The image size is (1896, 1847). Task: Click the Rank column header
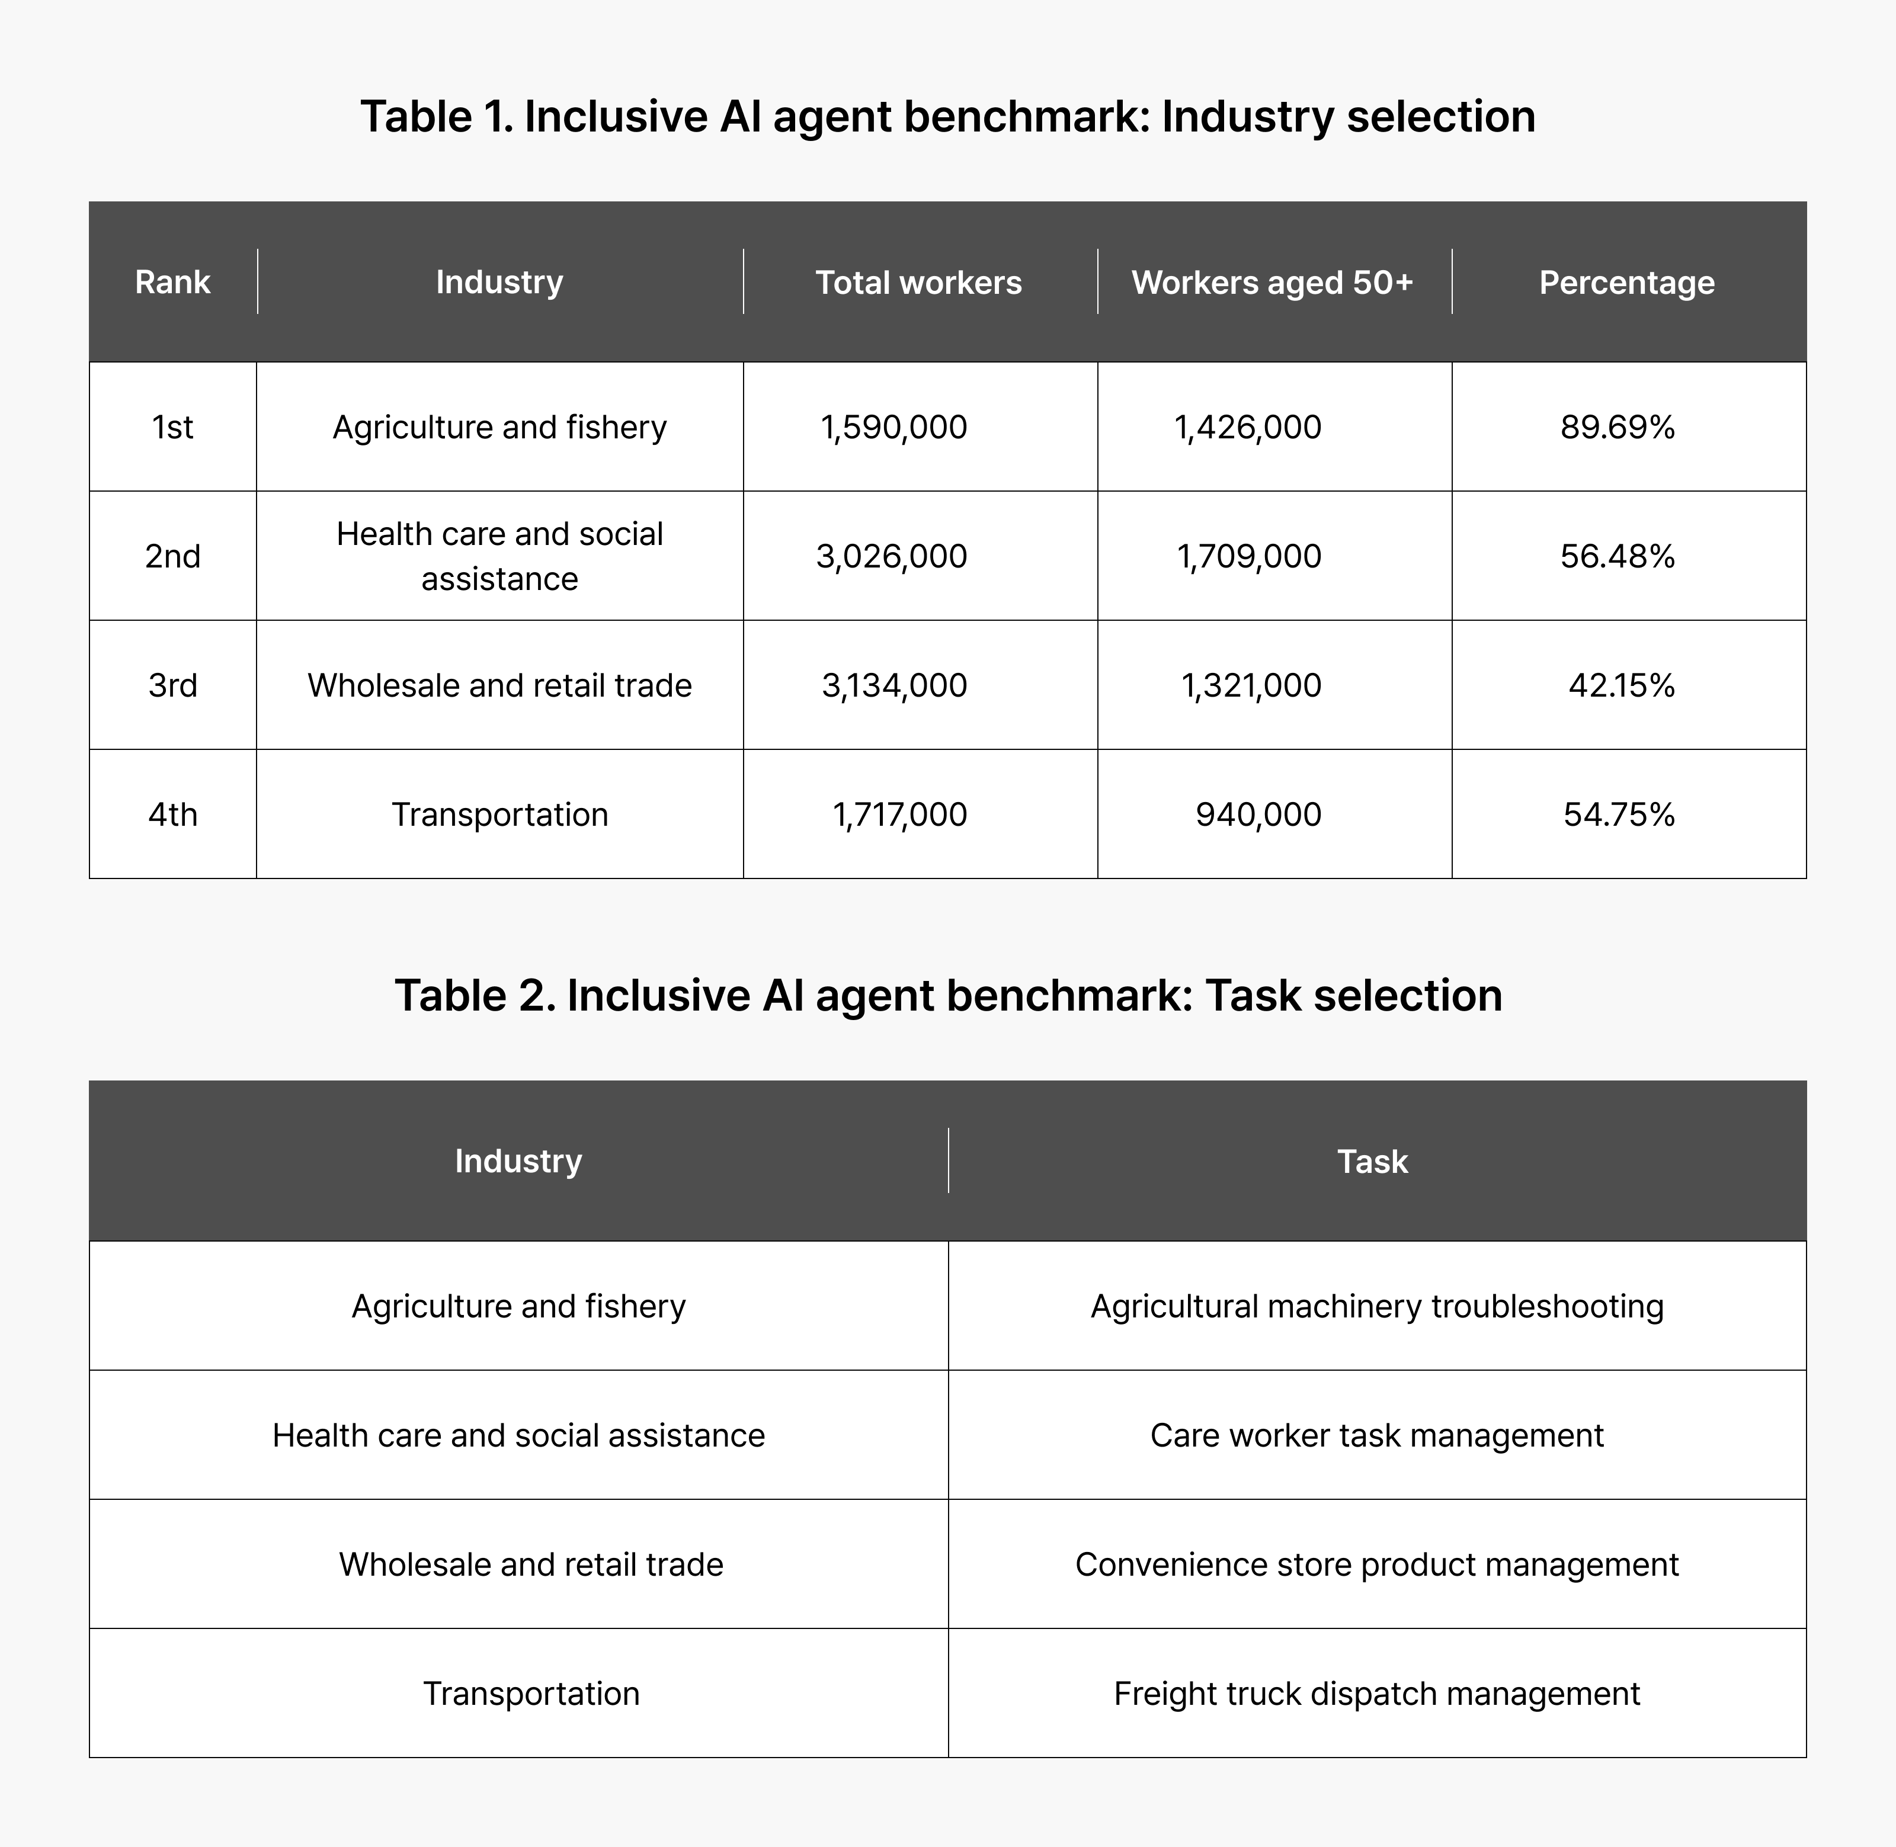pos(173,283)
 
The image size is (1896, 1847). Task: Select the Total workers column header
pos(918,283)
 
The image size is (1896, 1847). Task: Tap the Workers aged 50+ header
pos(1272,283)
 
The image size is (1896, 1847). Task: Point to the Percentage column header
pos(1626,283)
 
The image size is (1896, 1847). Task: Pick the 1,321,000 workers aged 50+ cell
pos(1251,685)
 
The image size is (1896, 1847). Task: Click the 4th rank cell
pos(173,814)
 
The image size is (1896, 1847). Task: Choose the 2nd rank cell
pos(173,556)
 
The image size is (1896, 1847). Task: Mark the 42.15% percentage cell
pos(1622,685)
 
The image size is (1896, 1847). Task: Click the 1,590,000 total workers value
pos(893,427)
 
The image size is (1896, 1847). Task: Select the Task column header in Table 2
pos(1372,1161)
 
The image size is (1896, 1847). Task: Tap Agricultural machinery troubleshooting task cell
pos(1377,1306)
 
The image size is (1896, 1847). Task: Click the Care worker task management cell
pos(1377,1435)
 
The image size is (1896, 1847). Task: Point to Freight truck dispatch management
pos(1377,1693)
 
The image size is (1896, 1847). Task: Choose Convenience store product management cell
pos(1377,1564)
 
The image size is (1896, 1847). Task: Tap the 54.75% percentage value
pos(1619,814)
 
